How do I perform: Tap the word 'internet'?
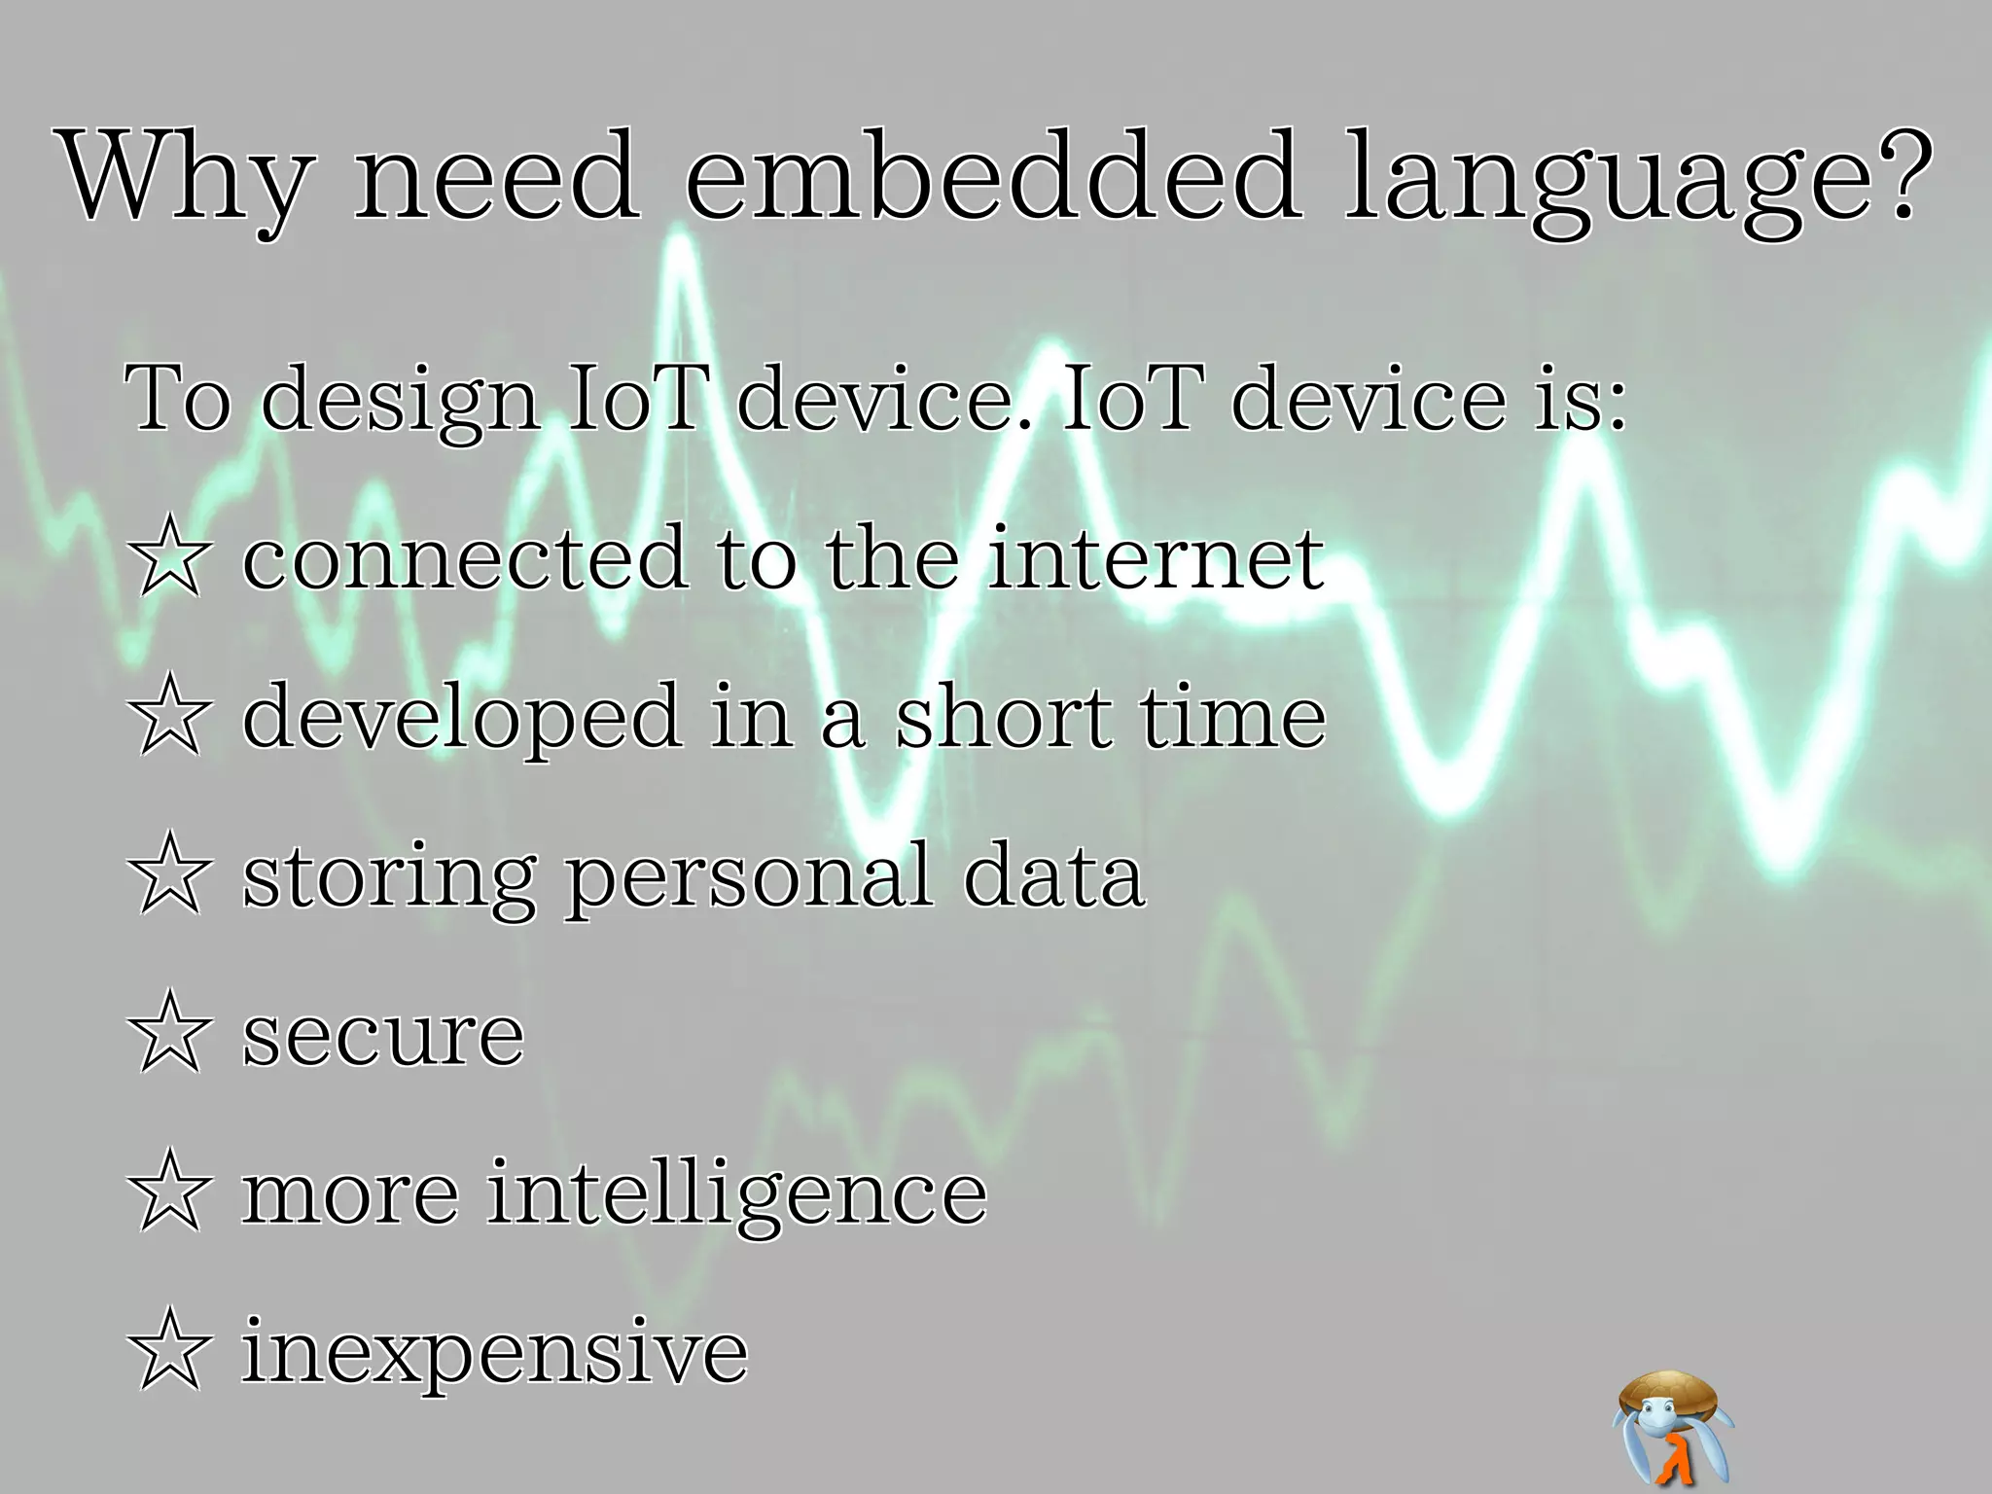click(x=1156, y=558)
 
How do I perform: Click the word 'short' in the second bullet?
click(x=1002, y=717)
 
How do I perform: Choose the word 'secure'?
click(x=382, y=1035)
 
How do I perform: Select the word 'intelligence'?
click(x=736, y=1195)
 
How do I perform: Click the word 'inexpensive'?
click(x=494, y=1353)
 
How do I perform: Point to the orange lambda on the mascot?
click(x=1675, y=1459)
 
